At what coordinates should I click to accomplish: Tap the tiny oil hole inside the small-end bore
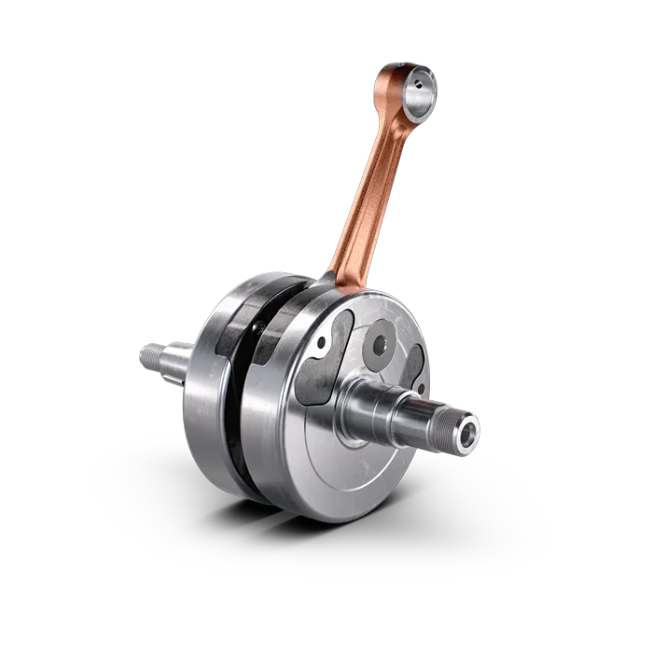pos(419,85)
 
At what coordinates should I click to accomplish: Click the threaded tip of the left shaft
pos(148,355)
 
